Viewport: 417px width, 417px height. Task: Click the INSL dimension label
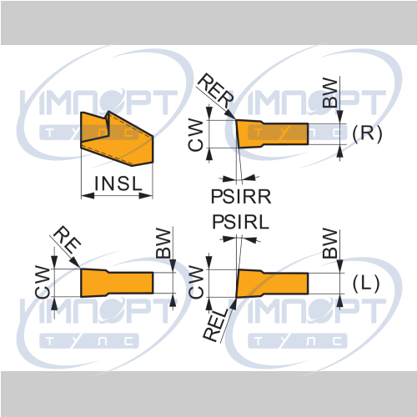coord(118,183)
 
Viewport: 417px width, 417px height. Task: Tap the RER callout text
coord(216,91)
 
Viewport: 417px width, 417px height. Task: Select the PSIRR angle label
coord(241,197)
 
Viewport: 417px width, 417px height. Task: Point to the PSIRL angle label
coord(241,222)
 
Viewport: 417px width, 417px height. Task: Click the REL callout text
coord(216,324)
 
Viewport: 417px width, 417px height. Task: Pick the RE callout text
coord(67,239)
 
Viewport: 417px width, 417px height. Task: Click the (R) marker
coord(367,133)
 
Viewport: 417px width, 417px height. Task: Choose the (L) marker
coord(366,284)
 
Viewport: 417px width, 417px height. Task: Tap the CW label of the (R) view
coord(196,135)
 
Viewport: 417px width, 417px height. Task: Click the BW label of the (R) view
coord(329,93)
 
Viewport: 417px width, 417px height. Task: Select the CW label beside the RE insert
coord(43,282)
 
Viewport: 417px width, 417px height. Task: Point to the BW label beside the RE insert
coord(163,244)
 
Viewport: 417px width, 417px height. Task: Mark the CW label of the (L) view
coord(196,282)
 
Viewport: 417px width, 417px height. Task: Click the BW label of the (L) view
coord(329,244)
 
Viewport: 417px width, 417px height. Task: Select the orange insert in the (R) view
coord(273,133)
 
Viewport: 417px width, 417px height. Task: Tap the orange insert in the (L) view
coord(273,284)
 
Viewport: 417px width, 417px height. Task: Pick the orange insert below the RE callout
coord(117,283)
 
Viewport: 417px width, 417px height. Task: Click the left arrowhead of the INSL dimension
coord(88,196)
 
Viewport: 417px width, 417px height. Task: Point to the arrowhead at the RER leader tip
coord(230,114)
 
